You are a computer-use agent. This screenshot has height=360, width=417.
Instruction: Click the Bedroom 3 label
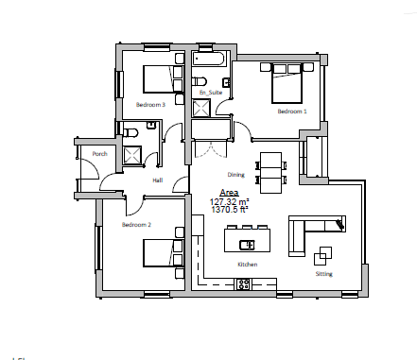[x=151, y=105]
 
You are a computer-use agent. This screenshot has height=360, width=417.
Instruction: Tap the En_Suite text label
[x=209, y=93]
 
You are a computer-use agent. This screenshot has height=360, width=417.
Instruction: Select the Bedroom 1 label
[x=292, y=111]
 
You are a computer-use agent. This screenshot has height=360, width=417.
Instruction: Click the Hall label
[x=158, y=179]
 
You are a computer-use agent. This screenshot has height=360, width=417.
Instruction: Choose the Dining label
[x=236, y=175]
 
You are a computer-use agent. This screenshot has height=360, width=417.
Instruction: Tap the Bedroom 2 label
[x=137, y=225]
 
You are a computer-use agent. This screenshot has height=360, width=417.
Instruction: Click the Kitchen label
[x=247, y=265]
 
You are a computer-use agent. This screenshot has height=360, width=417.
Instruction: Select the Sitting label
[x=324, y=273]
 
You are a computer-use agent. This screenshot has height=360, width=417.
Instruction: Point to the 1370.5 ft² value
[x=229, y=210]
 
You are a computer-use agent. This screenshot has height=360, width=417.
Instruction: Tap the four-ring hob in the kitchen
[x=244, y=282]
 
